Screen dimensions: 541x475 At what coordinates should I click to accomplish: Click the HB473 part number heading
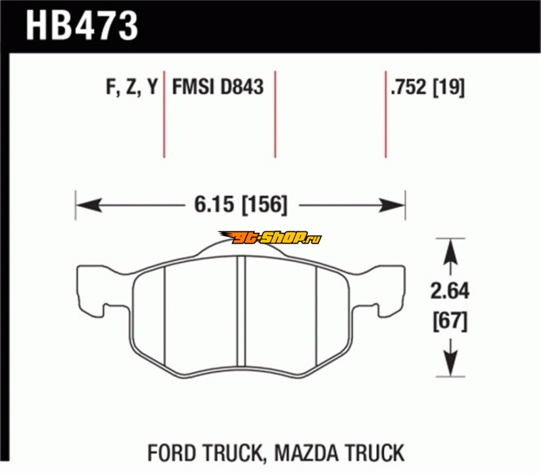82,26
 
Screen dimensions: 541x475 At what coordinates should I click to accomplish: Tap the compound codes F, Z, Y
131,87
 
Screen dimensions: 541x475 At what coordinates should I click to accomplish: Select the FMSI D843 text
218,87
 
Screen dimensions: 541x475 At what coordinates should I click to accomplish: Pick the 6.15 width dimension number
214,204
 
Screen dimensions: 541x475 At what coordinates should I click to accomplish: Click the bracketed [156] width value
264,205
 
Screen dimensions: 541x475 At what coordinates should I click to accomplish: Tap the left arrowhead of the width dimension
89,205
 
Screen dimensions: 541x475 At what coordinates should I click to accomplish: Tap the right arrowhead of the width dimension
392,205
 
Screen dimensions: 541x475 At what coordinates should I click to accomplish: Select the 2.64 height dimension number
450,291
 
